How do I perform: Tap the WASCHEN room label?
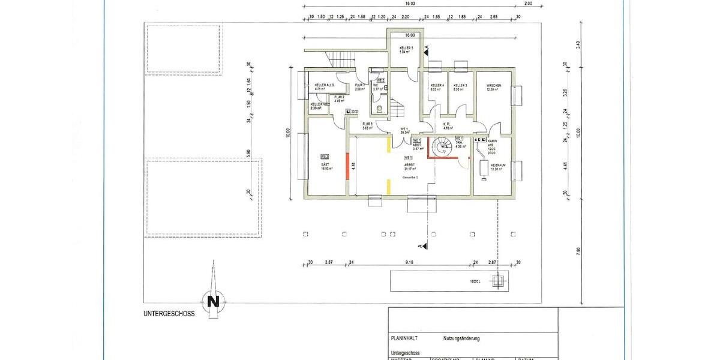(494, 86)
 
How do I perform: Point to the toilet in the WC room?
(380, 109)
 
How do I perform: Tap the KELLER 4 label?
(437, 86)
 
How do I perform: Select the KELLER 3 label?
(460, 86)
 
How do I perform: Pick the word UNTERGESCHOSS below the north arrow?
(169, 314)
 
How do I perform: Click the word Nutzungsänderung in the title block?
(461, 338)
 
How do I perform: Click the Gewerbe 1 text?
(410, 179)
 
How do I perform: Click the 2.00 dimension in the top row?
(528, 3)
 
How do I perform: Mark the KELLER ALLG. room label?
(324, 86)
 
